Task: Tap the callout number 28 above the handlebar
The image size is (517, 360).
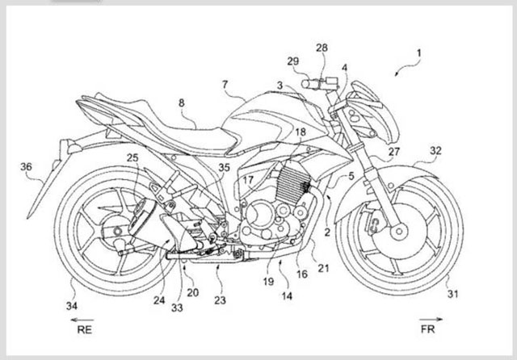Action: coord(322,49)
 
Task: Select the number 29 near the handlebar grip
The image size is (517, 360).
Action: coord(292,62)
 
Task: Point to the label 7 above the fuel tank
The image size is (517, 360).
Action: coord(225,84)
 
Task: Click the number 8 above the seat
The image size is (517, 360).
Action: coord(181,103)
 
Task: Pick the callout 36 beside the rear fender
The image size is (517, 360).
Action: coord(26,167)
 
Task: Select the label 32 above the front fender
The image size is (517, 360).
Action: coord(435,150)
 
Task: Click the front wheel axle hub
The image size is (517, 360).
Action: coord(398,231)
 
